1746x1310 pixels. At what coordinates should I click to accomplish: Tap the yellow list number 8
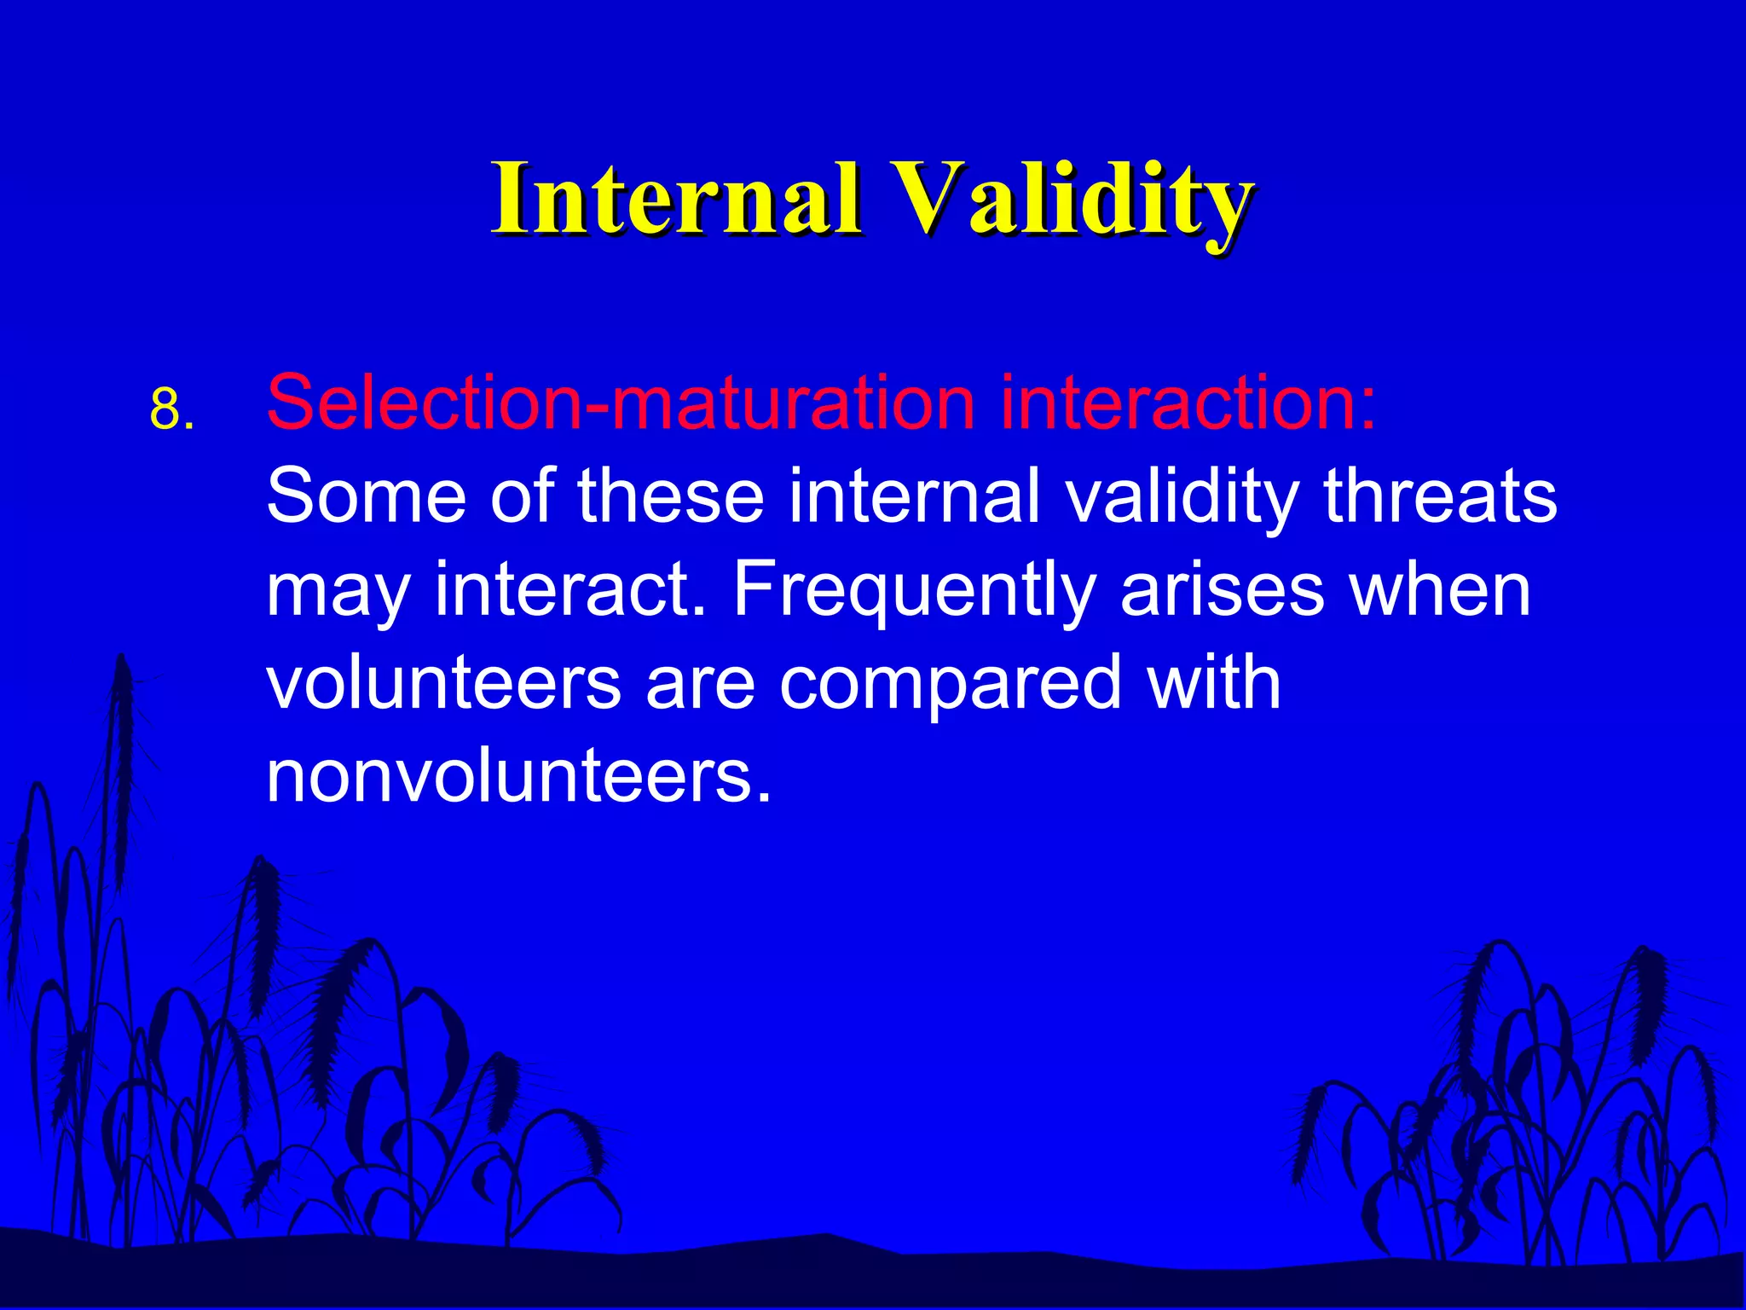(171, 409)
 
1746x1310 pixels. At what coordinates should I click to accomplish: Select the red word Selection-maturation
(621, 403)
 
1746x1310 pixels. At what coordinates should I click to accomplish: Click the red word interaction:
(1188, 403)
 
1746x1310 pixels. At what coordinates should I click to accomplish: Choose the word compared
(950, 686)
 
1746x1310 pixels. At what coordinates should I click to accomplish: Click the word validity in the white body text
(1182, 498)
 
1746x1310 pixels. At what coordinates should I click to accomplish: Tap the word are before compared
(700, 684)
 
